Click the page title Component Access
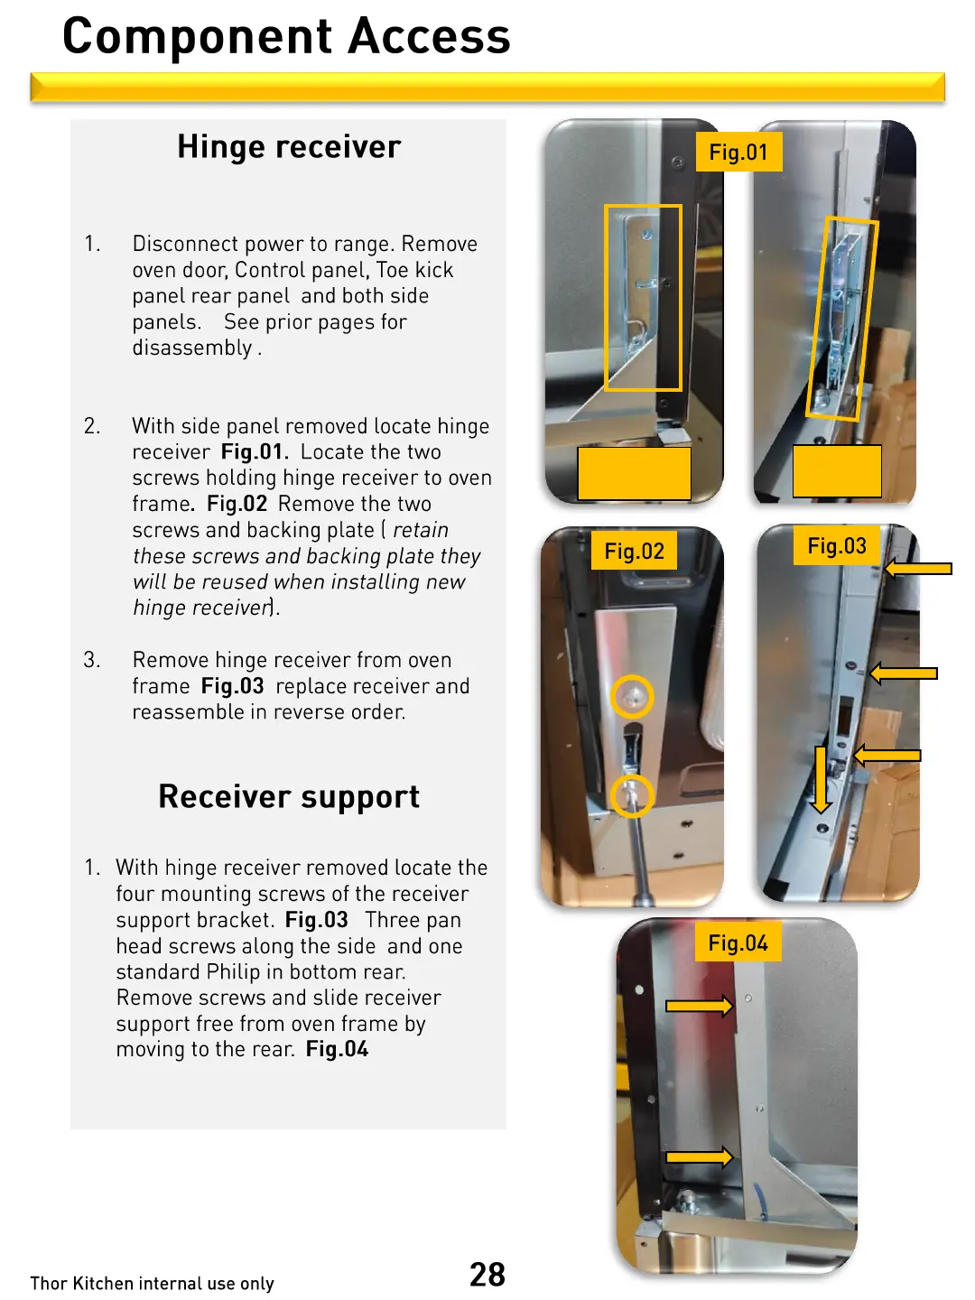coord(286,37)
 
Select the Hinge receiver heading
coord(289,147)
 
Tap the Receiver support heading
coord(289,797)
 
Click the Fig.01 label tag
coord(738,153)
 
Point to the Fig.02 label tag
coord(634,552)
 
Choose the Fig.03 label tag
coord(837,546)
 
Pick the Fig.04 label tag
coord(738,943)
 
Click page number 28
coord(487,1274)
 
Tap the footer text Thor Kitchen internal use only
coord(152,1283)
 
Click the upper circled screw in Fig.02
coord(632,697)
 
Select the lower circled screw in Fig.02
coord(632,795)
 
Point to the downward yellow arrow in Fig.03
coord(821,779)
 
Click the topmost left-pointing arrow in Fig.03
coord(918,569)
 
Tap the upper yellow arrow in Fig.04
coord(699,1006)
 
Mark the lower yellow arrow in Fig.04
coord(699,1156)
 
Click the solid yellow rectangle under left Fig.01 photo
coord(634,473)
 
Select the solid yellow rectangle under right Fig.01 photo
coord(837,470)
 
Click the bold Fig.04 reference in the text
coord(337,1049)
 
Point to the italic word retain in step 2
coord(421,530)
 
